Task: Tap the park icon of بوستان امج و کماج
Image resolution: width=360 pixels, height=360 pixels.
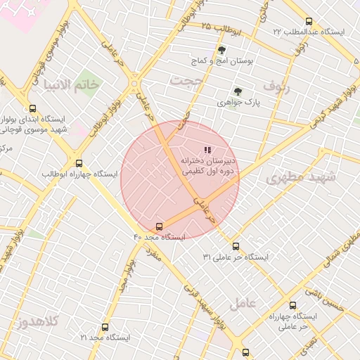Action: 222,50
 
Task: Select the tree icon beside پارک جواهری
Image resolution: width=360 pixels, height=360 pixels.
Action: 237,91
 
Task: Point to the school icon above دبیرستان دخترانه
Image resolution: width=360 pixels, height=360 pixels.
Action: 207,150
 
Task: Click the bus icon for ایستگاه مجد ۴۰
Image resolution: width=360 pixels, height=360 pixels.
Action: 159,226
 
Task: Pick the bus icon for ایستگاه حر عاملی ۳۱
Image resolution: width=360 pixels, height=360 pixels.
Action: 236,246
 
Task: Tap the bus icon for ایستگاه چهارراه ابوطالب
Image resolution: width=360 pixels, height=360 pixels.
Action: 79,162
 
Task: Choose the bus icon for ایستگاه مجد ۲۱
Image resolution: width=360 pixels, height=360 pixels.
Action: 105,327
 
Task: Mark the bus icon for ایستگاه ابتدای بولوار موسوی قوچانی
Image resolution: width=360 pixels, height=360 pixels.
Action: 32,108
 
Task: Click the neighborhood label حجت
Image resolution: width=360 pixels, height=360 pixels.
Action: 186,82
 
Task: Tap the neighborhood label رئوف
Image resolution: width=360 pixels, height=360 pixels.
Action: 276,84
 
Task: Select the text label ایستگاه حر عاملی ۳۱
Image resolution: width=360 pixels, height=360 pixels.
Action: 236,257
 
